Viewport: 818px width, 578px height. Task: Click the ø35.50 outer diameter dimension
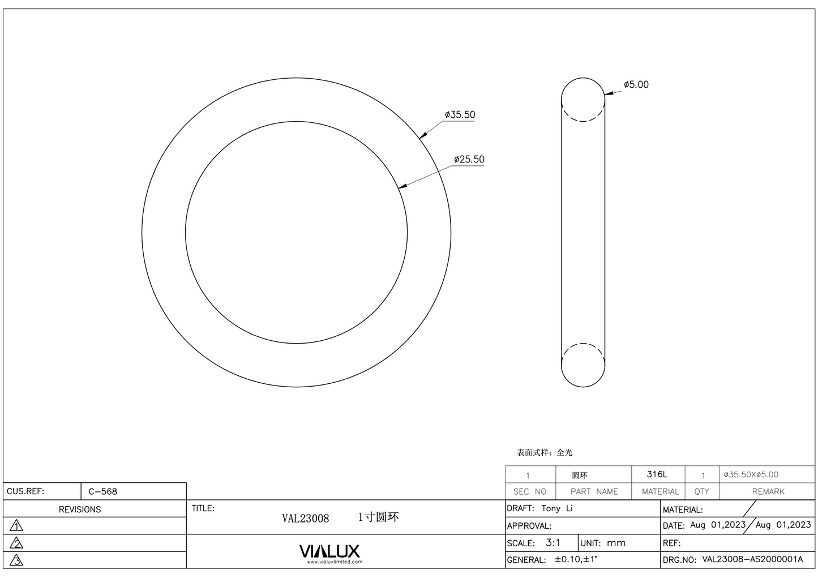(x=460, y=115)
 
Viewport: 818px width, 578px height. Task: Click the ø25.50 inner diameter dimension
(x=469, y=160)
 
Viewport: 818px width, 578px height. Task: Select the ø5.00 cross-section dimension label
(x=636, y=85)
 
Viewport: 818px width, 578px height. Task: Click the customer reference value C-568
(x=103, y=491)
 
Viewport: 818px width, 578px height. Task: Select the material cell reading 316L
(x=657, y=474)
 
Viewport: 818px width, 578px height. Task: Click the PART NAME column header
(x=594, y=491)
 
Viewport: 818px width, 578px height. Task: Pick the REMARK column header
(x=768, y=491)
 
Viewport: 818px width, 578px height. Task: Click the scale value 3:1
(x=553, y=543)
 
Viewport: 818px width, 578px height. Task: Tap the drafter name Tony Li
(x=557, y=508)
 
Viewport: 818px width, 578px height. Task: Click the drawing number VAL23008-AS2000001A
(x=752, y=559)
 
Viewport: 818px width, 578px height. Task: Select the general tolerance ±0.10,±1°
(x=576, y=559)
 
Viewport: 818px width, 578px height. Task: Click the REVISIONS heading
(x=80, y=510)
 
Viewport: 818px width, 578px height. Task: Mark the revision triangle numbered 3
(x=17, y=560)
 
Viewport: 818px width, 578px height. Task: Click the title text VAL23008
(x=305, y=519)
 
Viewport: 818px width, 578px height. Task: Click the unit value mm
(x=616, y=543)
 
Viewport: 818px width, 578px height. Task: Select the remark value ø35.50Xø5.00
(x=751, y=474)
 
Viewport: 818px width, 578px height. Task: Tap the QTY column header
(x=701, y=491)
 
